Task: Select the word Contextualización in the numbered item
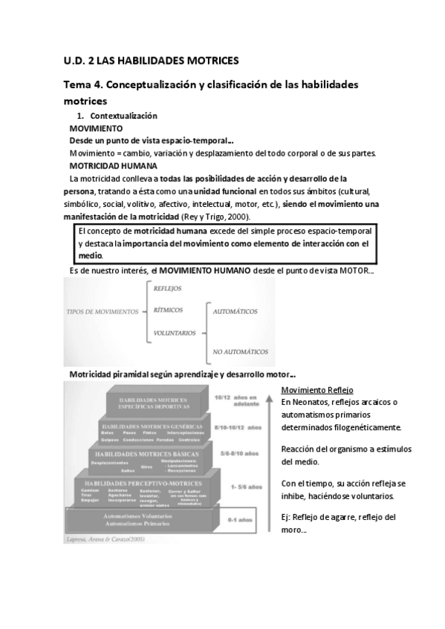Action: (123, 116)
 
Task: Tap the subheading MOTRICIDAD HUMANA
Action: (113, 165)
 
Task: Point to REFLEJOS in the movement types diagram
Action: (167, 289)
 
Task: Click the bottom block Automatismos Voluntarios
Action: (138, 518)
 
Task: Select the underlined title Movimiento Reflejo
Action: (317, 390)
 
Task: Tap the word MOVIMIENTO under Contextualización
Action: (96, 128)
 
